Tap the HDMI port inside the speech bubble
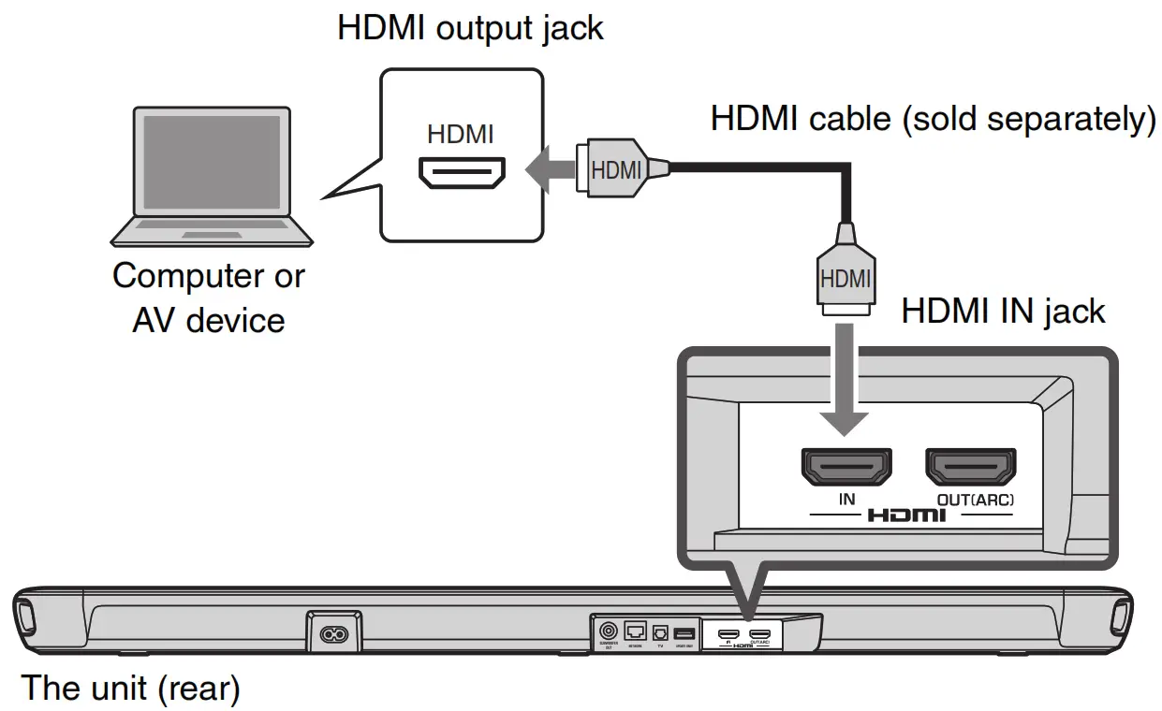[x=461, y=172]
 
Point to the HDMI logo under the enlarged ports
[x=906, y=515]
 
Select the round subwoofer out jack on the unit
[x=607, y=631]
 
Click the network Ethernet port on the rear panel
[x=635, y=631]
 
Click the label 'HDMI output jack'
[x=470, y=27]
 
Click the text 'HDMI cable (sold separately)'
[x=933, y=120]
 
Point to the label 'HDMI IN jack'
[x=1003, y=311]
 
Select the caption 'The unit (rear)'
[x=130, y=689]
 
